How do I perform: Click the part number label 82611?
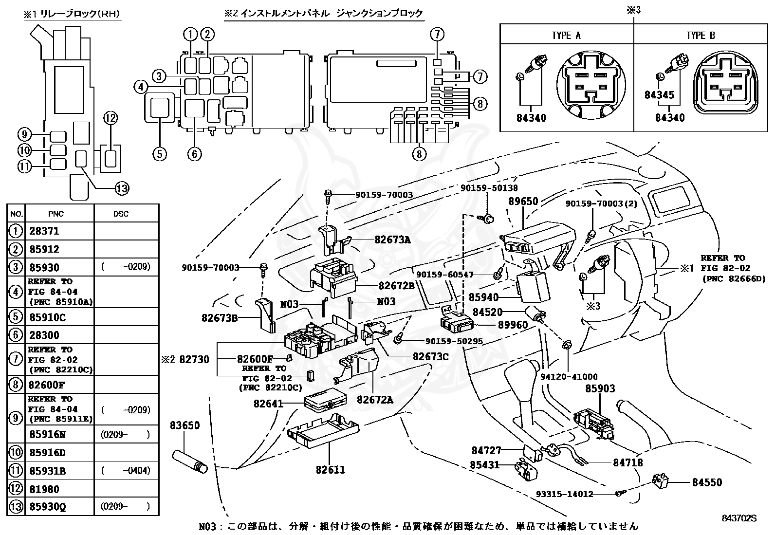click(x=330, y=470)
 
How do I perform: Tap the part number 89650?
click(x=523, y=202)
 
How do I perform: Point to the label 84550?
click(x=707, y=482)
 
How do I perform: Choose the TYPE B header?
click(x=701, y=36)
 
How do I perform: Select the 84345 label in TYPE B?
click(x=659, y=95)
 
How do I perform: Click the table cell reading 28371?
click(x=44, y=231)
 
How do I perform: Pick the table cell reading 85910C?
click(x=47, y=317)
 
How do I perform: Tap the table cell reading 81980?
click(x=44, y=489)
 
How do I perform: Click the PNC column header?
click(x=56, y=214)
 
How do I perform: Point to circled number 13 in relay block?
click(x=121, y=188)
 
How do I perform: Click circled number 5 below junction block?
click(x=159, y=154)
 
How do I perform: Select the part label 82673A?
click(x=392, y=240)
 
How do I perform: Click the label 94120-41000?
click(x=569, y=376)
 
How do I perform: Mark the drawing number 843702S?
click(x=739, y=518)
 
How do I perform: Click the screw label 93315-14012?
click(x=564, y=494)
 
